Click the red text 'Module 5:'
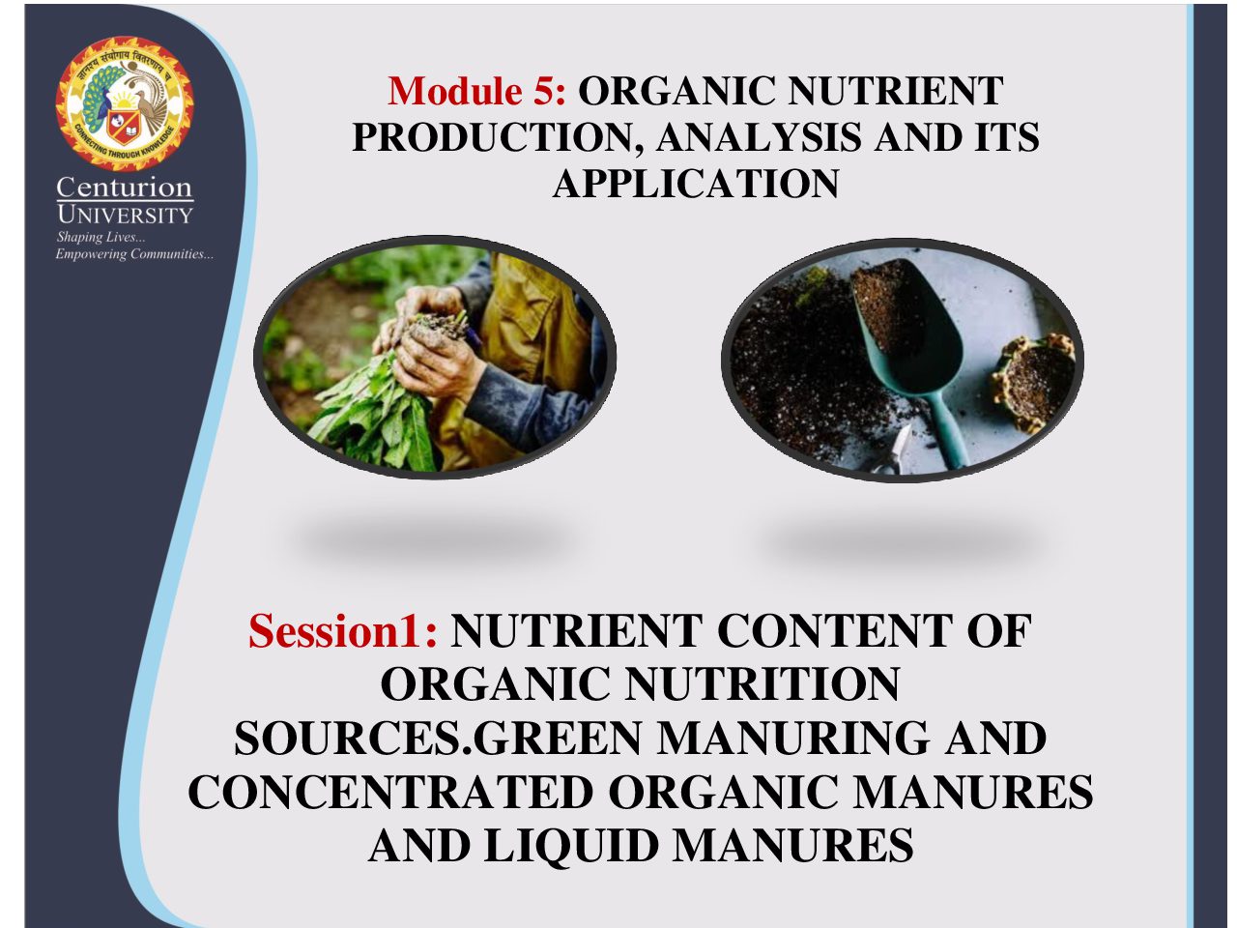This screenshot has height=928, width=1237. (x=476, y=90)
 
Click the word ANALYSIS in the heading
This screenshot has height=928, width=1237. (x=759, y=137)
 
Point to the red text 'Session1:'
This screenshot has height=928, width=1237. (x=343, y=630)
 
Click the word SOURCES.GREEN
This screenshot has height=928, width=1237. (x=438, y=739)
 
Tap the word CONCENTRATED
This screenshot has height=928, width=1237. (x=390, y=792)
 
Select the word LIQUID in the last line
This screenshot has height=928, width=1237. (x=571, y=846)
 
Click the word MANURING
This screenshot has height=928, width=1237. (x=793, y=739)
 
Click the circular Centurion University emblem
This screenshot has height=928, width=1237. (x=125, y=103)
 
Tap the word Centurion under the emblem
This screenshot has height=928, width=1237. (x=125, y=188)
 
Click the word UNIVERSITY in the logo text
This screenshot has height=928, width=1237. (x=125, y=215)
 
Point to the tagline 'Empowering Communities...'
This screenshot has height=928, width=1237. (x=134, y=254)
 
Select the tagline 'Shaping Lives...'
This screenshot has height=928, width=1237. (x=101, y=237)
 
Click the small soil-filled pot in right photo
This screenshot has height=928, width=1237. (x=1035, y=382)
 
